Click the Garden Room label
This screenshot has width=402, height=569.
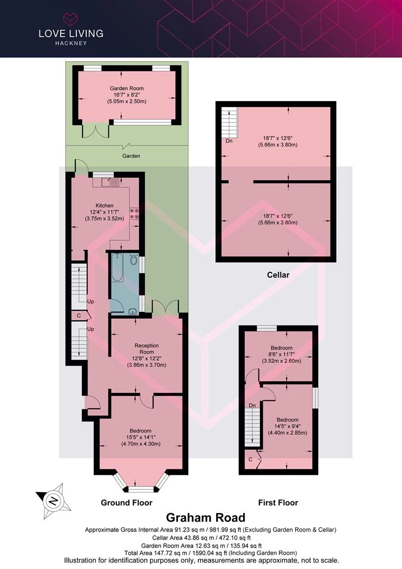click(x=126, y=88)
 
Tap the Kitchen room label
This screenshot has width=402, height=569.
click(x=104, y=205)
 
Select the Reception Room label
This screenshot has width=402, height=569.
click(x=146, y=349)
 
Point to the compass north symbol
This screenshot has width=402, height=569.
click(x=54, y=502)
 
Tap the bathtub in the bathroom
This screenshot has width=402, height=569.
click(x=117, y=268)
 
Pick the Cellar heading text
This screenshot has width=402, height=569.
click(x=278, y=274)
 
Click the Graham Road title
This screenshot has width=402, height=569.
click(x=206, y=517)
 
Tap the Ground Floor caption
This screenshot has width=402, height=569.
click(x=126, y=503)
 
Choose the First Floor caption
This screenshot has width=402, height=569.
click(x=278, y=503)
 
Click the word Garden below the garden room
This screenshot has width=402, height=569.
click(x=131, y=156)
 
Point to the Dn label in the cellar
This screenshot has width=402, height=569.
click(x=229, y=141)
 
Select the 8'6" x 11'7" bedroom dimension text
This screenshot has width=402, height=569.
click(x=282, y=354)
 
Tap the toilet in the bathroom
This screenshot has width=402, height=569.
click(x=134, y=259)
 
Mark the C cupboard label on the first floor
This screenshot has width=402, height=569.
click(x=250, y=459)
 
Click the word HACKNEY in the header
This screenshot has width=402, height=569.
click(x=71, y=43)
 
